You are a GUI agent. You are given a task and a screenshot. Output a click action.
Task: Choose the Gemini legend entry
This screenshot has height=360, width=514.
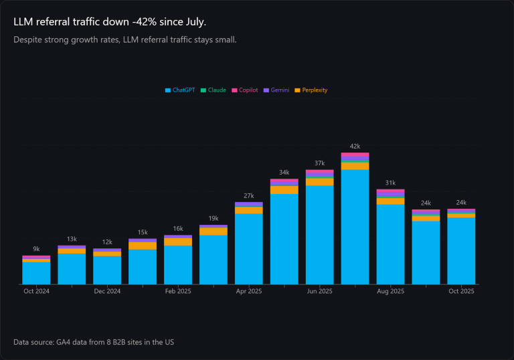tap(277, 90)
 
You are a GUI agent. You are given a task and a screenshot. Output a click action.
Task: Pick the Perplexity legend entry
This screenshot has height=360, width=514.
tap(311, 90)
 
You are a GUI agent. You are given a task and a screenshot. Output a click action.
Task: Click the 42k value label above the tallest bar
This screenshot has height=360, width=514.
tap(355, 146)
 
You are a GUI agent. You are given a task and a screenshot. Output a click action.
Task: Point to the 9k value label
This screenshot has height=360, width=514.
tap(36, 249)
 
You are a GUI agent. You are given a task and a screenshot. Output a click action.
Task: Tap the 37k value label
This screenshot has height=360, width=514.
tap(319, 163)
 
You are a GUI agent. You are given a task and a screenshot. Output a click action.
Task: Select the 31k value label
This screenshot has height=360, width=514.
tap(390, 183)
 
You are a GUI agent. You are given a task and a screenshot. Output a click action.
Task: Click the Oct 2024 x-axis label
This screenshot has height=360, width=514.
tap(36, 291)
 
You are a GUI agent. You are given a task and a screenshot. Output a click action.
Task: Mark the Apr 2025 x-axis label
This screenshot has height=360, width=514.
tap(248, 291)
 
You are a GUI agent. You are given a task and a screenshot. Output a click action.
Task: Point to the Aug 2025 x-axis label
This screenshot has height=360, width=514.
tap(390, 291)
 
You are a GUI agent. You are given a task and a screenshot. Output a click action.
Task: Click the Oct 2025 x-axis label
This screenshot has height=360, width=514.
tap(461, 291)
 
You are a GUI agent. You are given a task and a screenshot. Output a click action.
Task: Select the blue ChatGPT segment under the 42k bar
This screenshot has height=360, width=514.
tap(355, 228)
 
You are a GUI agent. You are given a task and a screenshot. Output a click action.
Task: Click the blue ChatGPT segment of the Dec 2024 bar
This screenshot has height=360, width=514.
tap(107, 270)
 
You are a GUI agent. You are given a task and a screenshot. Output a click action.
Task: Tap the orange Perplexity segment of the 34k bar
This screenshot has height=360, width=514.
tap(284, 190)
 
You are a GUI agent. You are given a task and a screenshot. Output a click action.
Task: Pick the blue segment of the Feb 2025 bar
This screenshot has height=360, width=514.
tap(178, 265)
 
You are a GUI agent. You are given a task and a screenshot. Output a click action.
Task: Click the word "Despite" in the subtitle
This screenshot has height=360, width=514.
tap(27, 39)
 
